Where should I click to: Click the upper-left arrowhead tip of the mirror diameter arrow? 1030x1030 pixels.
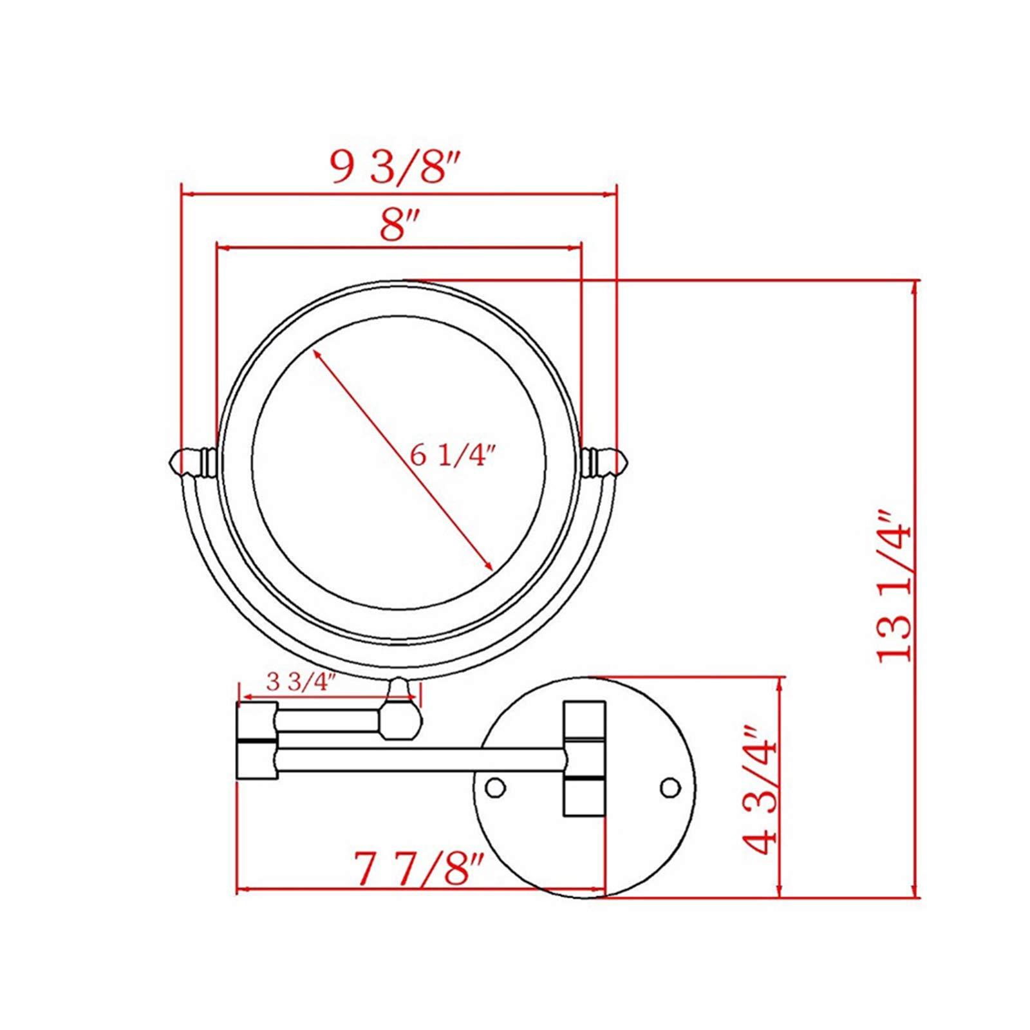314,349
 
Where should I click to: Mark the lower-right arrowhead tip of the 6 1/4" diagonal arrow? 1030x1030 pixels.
493,571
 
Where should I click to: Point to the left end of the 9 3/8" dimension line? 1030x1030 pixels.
182,192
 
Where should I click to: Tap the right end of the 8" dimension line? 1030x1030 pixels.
582,246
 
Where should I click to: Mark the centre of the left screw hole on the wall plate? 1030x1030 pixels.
495,787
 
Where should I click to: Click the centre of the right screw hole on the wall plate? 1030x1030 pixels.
671,787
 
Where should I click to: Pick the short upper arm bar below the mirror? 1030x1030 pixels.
328,721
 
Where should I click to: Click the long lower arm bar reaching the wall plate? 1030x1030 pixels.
422,760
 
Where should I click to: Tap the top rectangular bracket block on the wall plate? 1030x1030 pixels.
585,720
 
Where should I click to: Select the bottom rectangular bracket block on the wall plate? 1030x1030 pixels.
585,797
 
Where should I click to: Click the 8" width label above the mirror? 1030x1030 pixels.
400,225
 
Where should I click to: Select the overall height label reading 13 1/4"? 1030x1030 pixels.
895,586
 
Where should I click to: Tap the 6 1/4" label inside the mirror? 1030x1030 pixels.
453,456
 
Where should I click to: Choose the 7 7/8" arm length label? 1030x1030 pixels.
419,868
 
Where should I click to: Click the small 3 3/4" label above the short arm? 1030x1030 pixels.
301,681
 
